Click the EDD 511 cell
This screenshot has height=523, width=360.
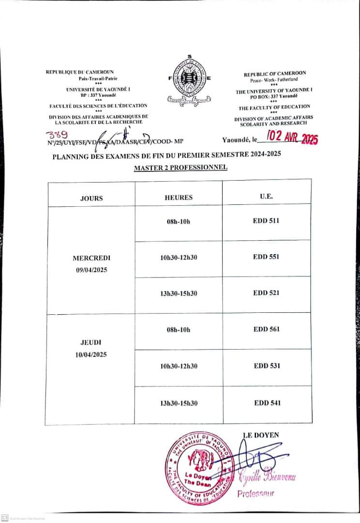coord(266,221)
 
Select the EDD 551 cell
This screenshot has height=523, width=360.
coord(266,257)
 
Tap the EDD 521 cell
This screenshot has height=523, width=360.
coord(266,293)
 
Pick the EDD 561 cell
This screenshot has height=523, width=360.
coord(267,329)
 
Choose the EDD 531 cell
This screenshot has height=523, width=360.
coord(267,366)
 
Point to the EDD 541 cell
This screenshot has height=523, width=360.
coord(267,403)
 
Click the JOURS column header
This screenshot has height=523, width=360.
coord(91,198)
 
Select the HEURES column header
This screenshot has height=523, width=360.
coord(179,198)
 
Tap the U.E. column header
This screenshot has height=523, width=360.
coord(266,197)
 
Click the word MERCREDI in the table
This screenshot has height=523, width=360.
coord(91,258)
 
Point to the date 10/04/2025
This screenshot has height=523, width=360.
coord(91,354)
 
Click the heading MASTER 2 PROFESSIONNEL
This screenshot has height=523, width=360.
coord(180,168)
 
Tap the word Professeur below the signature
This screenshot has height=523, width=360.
coord(255,493)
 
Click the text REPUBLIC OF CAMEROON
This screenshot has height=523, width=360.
coord(274,74)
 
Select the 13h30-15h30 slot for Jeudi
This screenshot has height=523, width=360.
coord(179,403)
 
